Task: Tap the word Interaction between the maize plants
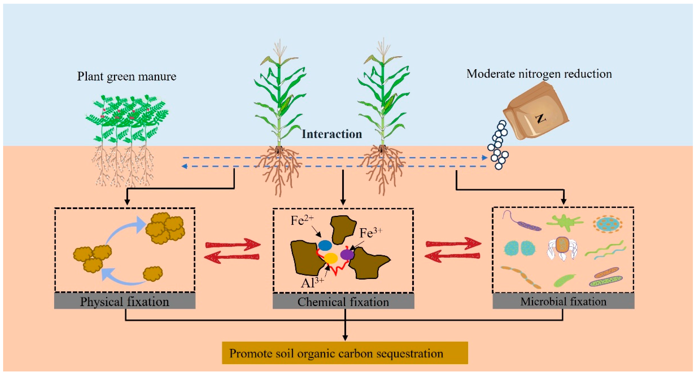332,134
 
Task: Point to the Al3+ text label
312,283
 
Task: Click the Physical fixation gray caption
125,302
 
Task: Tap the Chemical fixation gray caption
343,302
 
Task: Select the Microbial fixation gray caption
563,301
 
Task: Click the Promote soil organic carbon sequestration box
345,353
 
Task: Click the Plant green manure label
127,76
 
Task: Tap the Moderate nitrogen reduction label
539,74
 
